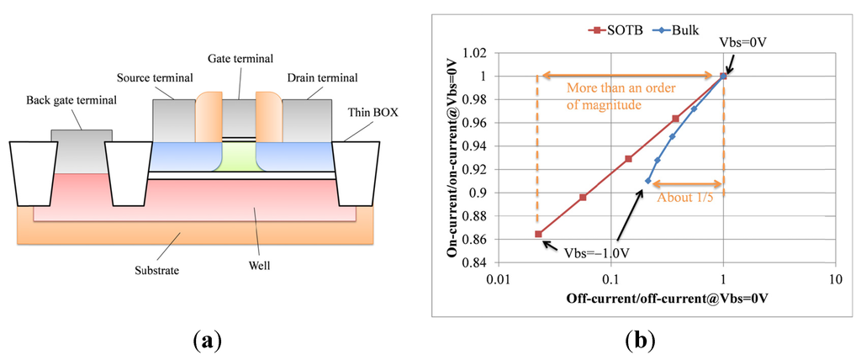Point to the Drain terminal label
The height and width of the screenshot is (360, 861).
click(x=324, y=78)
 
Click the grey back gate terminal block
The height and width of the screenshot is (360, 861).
click(x=82, y=151)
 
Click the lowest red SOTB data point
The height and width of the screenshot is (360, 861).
click(x=538, y=234)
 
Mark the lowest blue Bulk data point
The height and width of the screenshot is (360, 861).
click(x=647, y=181)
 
